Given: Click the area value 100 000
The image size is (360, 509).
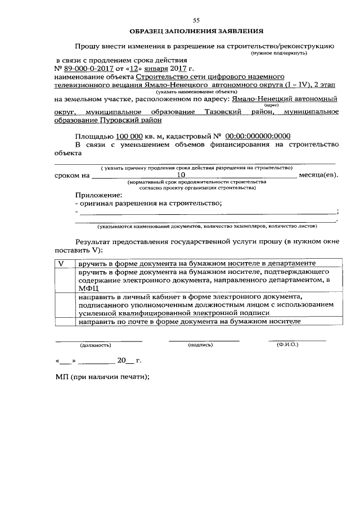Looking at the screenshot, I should click(x=130, y=136).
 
